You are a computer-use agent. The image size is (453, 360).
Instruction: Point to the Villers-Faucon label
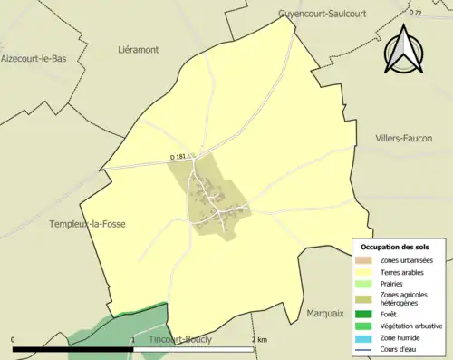pos(403,138)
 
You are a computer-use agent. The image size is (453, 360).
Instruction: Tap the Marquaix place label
pos(324,315)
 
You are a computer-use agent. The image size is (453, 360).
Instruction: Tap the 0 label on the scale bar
pos(14,339)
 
